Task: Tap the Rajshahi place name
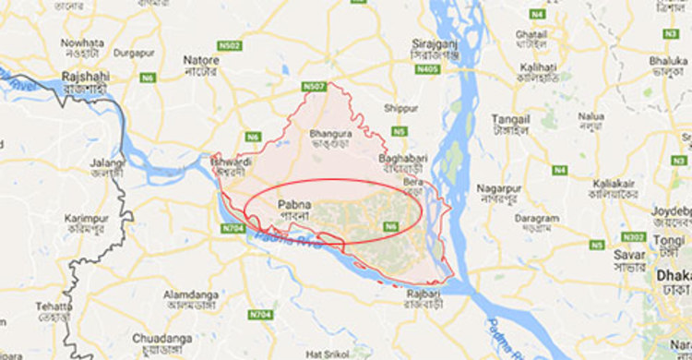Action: point(86,76)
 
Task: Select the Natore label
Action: point(201,60)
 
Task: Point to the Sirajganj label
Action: point(435,42)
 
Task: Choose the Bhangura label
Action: point(329,133)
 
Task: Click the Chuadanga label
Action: point(161,338)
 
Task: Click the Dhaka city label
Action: point(674,275)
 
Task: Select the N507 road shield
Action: point(313,87)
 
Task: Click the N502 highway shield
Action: point(229,45)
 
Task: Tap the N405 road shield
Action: point(427,69)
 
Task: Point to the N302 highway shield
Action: point(634,236)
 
